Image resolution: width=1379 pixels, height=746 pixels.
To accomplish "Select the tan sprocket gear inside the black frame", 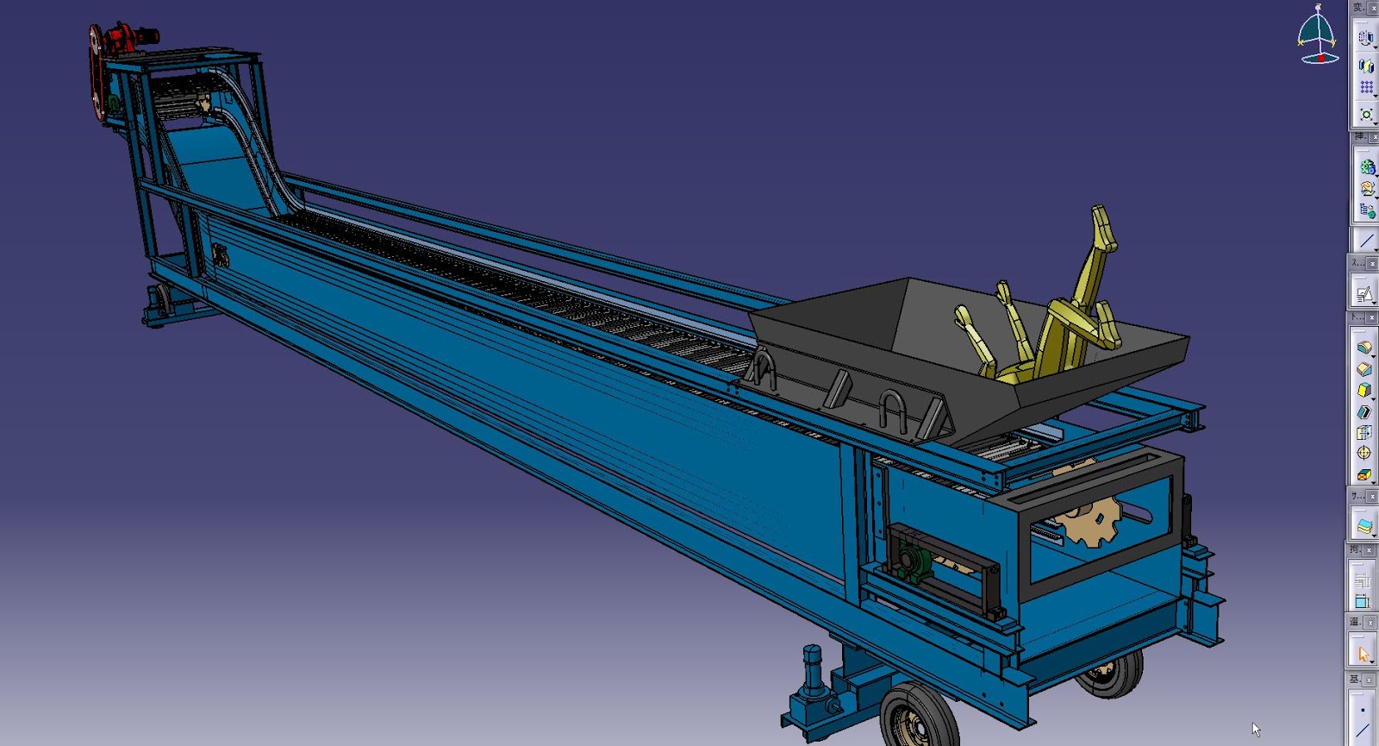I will coord(1090,517).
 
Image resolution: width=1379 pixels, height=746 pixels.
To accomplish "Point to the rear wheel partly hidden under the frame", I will coord(1114,675).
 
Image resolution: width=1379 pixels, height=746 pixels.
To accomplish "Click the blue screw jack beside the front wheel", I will coord(813,677).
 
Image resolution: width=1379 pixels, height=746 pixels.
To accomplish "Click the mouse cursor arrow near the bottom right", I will coord(1256,729).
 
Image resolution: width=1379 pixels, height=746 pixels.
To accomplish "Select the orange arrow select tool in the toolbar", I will coord(1363,654).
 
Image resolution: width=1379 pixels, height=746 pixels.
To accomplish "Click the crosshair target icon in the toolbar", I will coord(1363,452).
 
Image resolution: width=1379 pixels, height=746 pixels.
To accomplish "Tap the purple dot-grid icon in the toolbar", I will coord(1366,87).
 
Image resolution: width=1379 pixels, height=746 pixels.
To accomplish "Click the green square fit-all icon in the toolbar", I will coord(1366,114).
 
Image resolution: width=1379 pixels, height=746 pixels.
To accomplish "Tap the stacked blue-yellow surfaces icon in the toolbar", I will coord(1363,525).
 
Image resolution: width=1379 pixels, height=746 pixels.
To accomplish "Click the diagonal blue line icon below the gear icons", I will coord(1365,241).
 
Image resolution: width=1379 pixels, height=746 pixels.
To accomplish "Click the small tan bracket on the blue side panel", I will coord(221,255).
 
